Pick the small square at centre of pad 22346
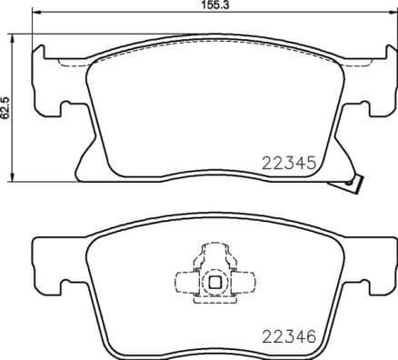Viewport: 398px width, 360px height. (214, 282)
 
